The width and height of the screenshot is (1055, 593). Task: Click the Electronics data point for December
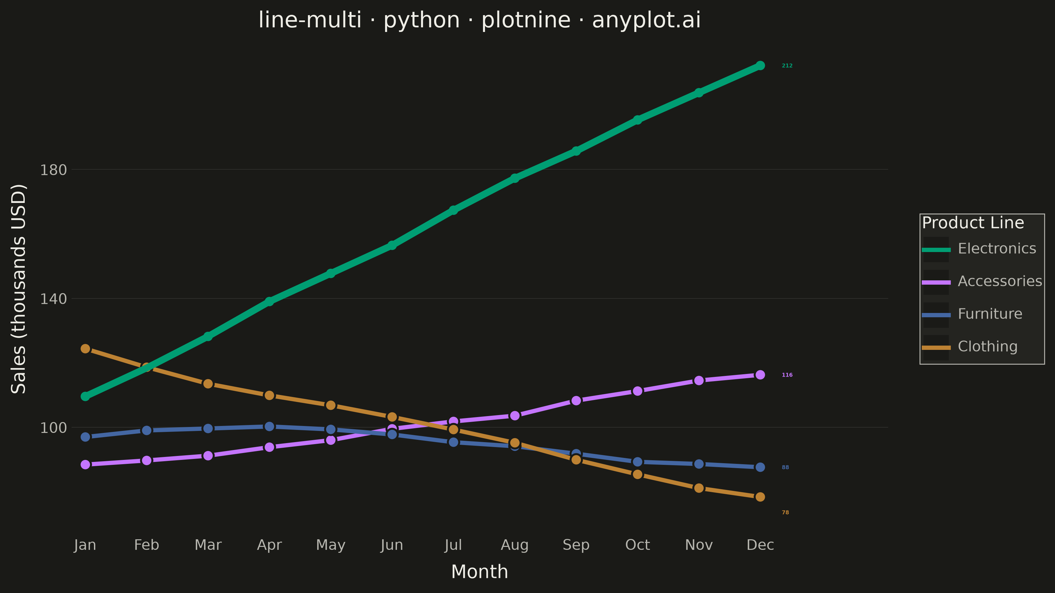coord(760,66)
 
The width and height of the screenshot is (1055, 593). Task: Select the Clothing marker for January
coord(85,349)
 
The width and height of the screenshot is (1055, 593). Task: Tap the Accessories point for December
coord(760,375)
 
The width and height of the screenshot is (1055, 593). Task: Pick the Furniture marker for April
coord(269,426)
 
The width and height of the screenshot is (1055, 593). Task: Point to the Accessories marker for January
coord(85,465)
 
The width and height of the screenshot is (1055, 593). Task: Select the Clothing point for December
coord(760,497)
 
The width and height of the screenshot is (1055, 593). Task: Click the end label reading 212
coord(787,66)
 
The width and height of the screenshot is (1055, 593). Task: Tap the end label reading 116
coord(787,375)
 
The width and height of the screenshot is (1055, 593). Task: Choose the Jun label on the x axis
coord(392,546)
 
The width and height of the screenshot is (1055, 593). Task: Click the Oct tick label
coord(637,545)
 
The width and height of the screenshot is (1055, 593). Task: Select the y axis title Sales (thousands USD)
coord(19,289)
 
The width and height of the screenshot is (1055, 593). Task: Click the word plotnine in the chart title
coord(526,20)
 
